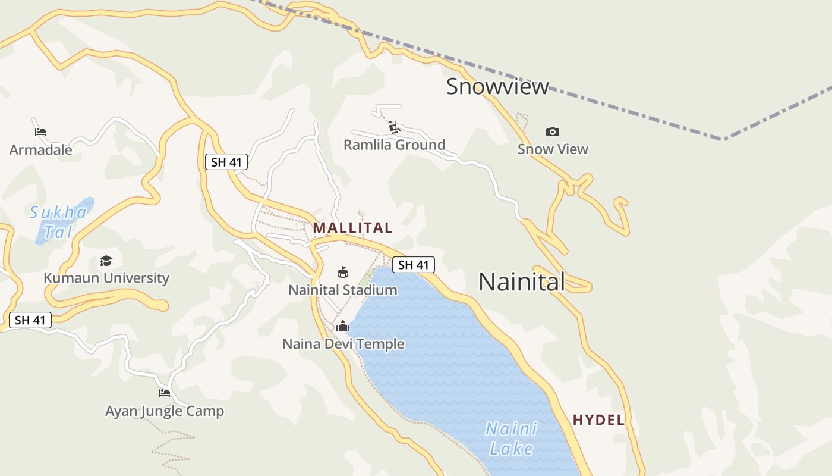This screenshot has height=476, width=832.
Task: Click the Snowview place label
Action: (497, 87)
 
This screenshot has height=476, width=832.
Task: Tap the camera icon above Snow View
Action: (553, 131)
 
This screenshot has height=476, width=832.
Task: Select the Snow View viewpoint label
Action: (553, 149)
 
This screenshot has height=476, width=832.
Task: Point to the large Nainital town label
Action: (522, 281)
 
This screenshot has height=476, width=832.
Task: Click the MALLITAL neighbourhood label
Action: (352, 228)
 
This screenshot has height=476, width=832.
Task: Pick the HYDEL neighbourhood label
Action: (598, 420)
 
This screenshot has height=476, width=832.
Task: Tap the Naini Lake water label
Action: (511, 439)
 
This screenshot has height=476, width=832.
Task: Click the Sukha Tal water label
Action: (58, 222)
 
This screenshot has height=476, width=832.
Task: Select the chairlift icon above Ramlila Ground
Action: (393, 127)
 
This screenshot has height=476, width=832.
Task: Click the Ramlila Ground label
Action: (395, 145)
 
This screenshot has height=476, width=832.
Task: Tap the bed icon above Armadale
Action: (40, 131)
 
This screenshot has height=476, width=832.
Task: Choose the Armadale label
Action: (40, 149)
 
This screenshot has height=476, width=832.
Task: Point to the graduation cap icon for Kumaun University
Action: (106, 261)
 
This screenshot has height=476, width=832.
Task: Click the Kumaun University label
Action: (106, 278)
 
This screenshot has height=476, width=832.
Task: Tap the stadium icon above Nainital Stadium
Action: (343, 273)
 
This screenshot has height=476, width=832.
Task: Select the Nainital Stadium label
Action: (343, 290)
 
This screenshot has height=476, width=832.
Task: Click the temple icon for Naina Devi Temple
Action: (343, 326)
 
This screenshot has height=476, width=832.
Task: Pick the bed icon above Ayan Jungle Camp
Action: (165, 393)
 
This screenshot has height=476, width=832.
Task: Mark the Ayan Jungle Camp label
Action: (165, 411)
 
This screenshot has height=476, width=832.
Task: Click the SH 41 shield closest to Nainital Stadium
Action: (414, 265)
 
